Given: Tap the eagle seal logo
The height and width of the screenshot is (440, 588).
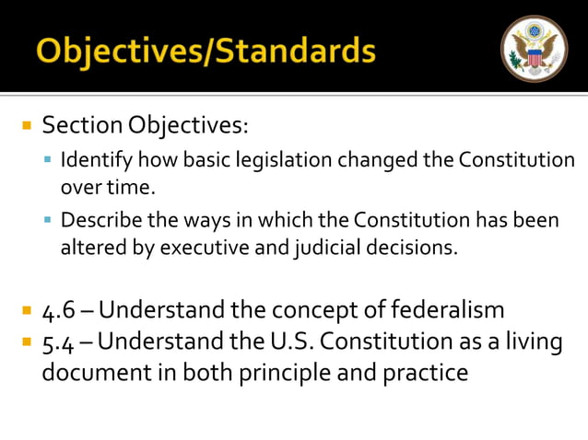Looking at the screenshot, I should point(534,49).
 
